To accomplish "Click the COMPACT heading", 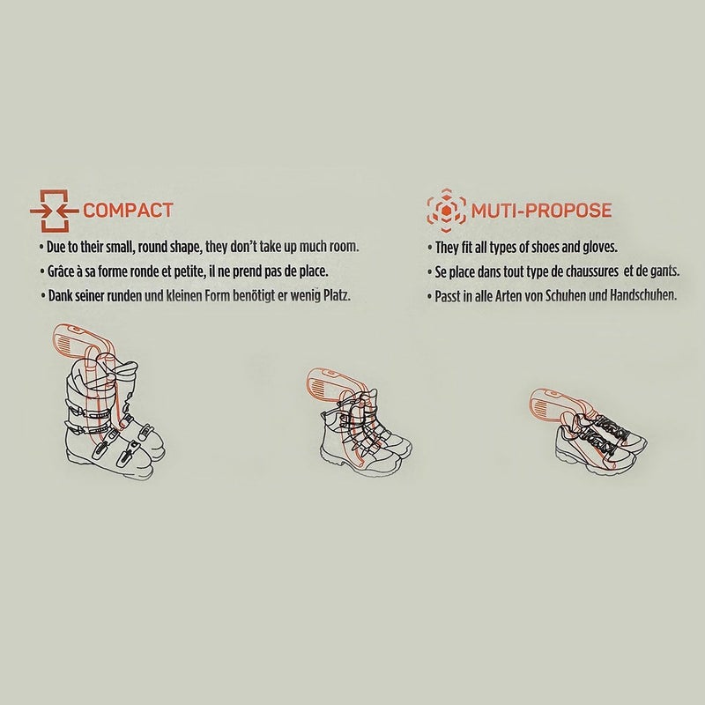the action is coord(128,211).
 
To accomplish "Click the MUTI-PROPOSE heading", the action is coord(541,211).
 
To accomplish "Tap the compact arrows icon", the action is coord(55,211).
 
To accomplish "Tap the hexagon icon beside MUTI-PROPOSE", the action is coord(446,211).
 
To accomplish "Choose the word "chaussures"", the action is coord(592,271).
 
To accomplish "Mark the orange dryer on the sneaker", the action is coord(558,404).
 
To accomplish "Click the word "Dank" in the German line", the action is coord(58,295).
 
